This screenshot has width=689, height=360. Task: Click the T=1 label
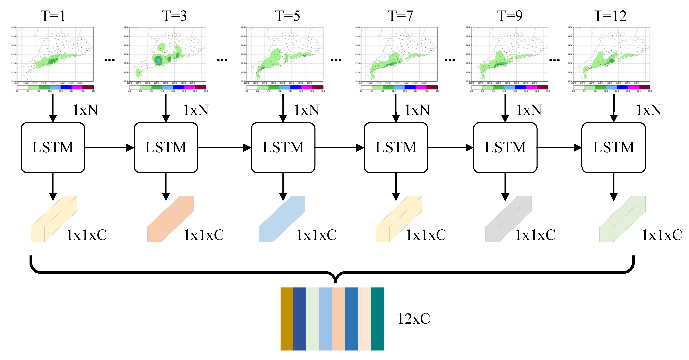53,16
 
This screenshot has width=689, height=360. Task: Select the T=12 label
610,16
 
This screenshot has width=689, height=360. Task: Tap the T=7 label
400,16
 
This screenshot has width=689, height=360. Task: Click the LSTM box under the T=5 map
283,147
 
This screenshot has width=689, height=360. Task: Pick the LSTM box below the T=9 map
505,147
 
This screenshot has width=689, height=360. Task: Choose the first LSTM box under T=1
53,147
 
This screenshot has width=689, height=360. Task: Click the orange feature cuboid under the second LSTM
170,219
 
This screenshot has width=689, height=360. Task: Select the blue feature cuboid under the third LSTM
282,219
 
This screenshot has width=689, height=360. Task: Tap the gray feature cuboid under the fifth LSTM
508,219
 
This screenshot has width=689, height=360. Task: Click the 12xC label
414,318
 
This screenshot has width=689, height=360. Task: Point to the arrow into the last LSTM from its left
559,147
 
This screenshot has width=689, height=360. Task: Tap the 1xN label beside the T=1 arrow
86,110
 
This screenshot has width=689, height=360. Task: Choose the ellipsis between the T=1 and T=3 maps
109,60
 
